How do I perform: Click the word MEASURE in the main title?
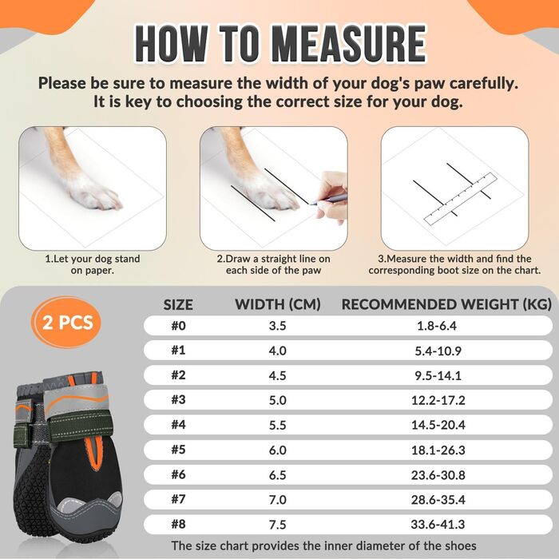coord(348,44)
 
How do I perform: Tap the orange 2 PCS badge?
coord(67,323)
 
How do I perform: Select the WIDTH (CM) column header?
coord(278,304)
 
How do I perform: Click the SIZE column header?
coord(178,305)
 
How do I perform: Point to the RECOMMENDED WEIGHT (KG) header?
coord(446,304)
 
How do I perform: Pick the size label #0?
coord(179,326)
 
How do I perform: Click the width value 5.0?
coord(278,400)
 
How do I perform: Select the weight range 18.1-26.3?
coord(438,450)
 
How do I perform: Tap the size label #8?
coord(179,524)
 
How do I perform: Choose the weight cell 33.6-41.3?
coord(438,524)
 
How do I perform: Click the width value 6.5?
coord(278,475)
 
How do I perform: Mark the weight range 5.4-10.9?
coord(438,351)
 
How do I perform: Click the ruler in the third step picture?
coord(460,199)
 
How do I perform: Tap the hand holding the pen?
coord(331,196)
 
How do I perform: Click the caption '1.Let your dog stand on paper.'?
coord(93,264)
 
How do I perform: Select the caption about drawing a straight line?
coord(273,264)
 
